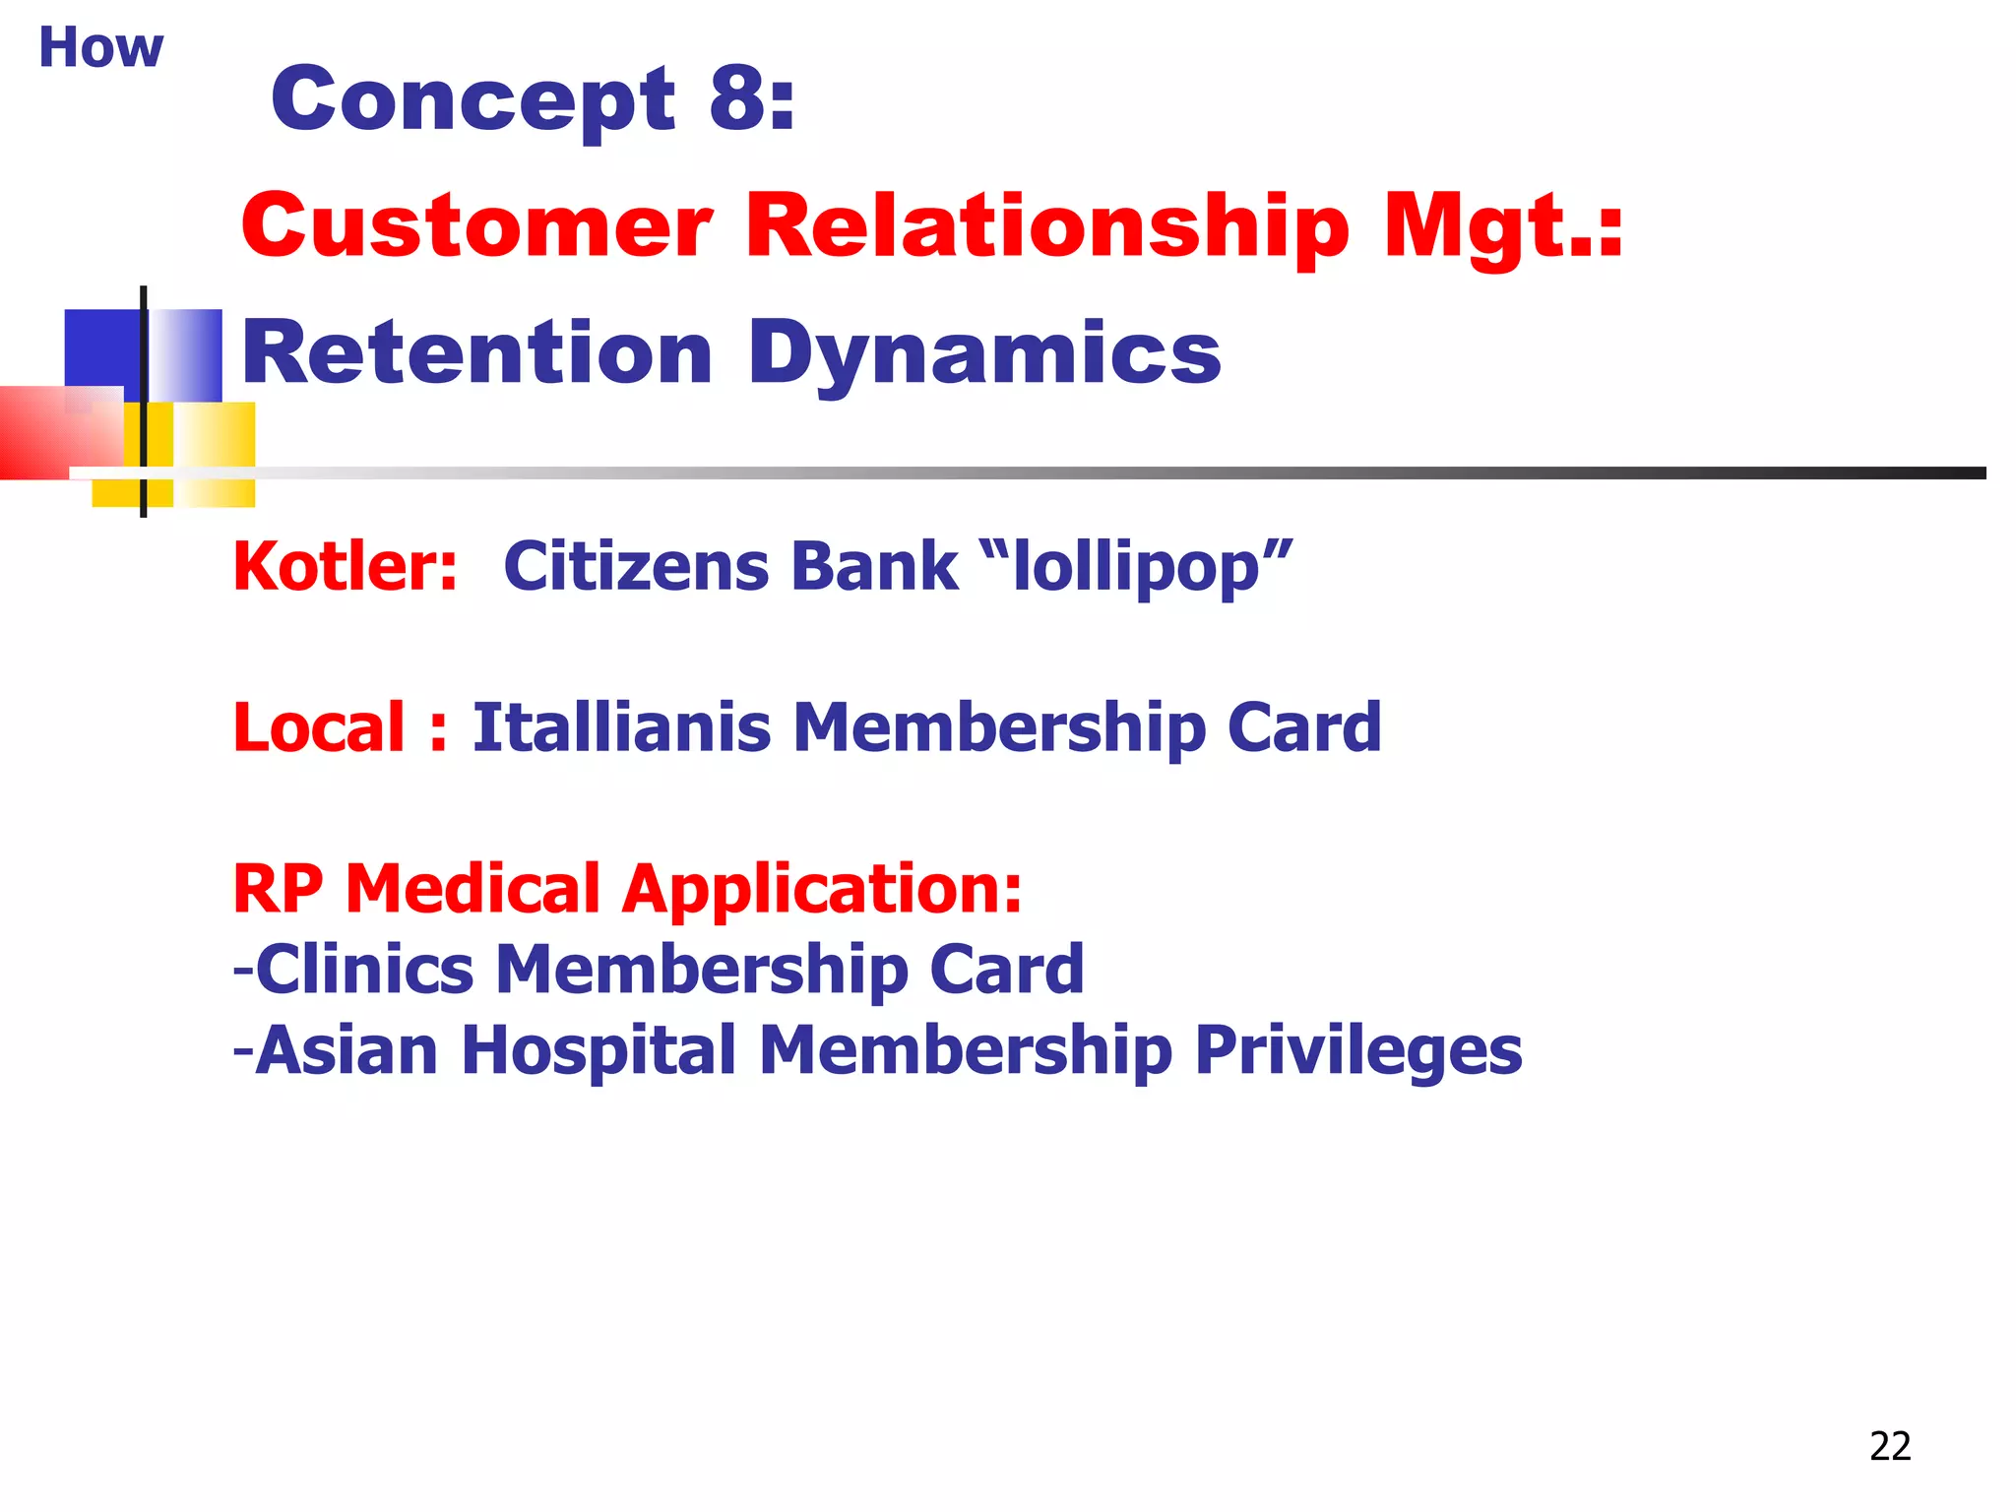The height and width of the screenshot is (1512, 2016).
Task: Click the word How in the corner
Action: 100,47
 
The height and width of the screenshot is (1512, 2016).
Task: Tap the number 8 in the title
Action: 738,98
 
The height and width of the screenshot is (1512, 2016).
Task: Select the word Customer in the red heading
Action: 476,225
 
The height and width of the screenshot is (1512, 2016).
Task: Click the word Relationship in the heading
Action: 1047,225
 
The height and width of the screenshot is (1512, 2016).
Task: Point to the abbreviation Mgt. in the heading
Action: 1502,225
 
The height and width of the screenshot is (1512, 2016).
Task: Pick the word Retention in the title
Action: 476,352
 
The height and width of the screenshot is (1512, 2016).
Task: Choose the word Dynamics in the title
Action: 984,352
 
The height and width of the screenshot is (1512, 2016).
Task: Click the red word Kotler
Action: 345,567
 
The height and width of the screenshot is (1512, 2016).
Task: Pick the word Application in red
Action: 821,890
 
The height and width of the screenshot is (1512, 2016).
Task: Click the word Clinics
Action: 364,970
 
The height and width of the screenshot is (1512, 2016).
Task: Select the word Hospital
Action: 598,1050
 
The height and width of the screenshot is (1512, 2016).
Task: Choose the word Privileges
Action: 1358,1050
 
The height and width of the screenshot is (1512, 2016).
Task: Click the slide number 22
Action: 1890,1446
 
